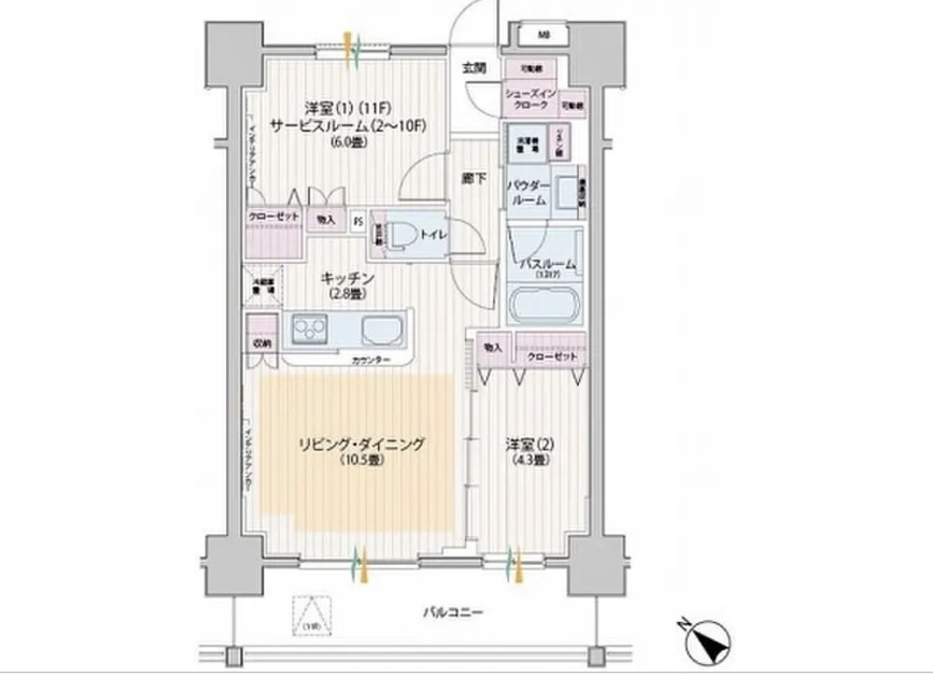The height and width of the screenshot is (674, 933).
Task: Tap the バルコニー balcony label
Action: pos(454,613)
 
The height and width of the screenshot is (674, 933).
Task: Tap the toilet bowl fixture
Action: pos(398,236)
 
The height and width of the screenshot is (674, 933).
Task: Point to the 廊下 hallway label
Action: pos(474,179)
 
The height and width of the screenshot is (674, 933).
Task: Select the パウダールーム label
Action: pos(529,192)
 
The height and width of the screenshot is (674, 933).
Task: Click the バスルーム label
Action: pos(547,264)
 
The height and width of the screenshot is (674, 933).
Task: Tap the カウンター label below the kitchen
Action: pos(372,360)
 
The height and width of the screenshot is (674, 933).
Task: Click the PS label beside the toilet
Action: pos(358,220)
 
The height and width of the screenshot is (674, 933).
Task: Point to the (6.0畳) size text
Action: pos(349,143)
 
